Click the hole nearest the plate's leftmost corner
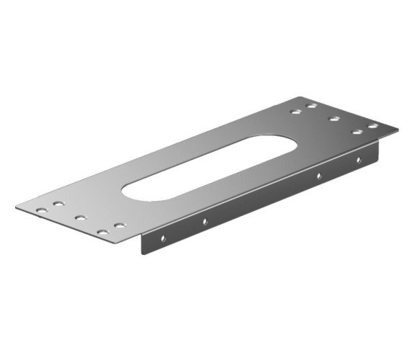coord(41,210)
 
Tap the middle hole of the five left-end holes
coord(79,217)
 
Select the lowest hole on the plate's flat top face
coord(102,233)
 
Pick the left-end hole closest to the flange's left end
coord(120,225)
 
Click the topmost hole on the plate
coord(311,106)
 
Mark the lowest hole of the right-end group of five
coord(356,132)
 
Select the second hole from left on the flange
coord(205,220)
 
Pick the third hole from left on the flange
coord(318,175)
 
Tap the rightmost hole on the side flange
coord(357,160)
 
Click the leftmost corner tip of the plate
coord(16,207)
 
